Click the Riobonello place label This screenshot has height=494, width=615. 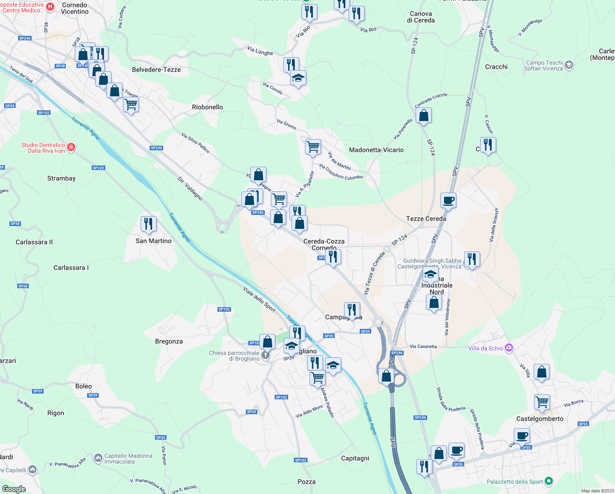coord(207,107)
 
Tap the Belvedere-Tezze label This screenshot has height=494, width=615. coord(156,70)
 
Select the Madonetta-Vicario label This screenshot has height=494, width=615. coord(376,150)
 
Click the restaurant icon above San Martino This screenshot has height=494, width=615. coord(148,224)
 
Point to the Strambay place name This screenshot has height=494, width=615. coord(61,178)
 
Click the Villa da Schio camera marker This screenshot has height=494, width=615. coord(509,348)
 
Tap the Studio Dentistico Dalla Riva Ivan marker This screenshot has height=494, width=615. coord(71,147)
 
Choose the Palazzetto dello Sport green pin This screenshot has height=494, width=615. coord(549,481)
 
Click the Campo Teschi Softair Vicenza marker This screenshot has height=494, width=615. coord(569,65)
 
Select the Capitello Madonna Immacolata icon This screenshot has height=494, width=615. coord(98,458)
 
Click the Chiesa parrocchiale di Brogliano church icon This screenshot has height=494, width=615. coord(266,355)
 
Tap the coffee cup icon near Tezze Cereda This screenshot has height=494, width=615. coord(448,200)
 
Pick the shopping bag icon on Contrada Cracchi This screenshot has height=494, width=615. coord(423,116)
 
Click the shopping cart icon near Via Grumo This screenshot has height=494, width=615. coord(313,147)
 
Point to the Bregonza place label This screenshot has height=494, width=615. coord(169,341)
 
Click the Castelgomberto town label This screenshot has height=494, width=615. coord(540,419)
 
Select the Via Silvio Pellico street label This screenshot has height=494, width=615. coord(195,143)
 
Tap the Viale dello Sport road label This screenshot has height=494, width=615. coord(259,299)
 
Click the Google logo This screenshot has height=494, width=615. coord(14,489)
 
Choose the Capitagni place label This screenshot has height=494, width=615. coord(355,458)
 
